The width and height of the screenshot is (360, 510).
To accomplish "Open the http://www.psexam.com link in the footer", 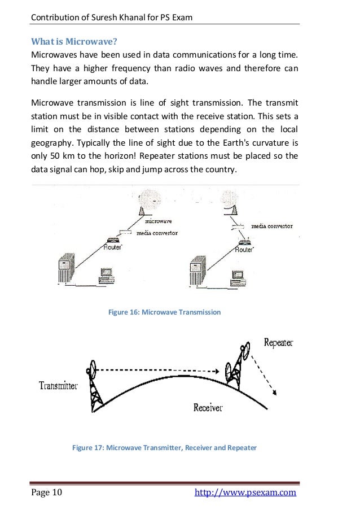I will (x=245, y=493).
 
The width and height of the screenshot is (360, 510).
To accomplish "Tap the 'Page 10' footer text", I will (x=47, y=493).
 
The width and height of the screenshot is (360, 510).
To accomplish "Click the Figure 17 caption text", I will (x=165, y=448).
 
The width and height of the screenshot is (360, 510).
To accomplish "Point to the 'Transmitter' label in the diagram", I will (x=58, y=386).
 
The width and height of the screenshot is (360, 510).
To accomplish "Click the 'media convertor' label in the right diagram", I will (x=271, y=226).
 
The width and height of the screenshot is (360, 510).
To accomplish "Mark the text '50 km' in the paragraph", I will (x=55, y=156).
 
